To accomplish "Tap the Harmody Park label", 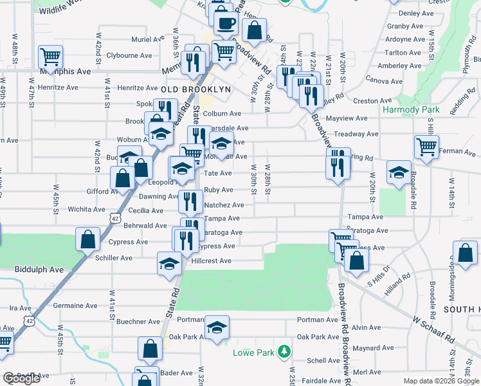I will (411, 109).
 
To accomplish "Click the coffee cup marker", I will (226, 23).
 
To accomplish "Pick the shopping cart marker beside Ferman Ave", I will (426, 147).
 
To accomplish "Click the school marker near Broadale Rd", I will (399, 172).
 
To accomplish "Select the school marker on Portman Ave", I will (217, 327).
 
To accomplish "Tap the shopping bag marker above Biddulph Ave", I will (88, 239).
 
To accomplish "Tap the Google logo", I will (22, 379).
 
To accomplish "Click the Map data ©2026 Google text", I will (440, 381).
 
